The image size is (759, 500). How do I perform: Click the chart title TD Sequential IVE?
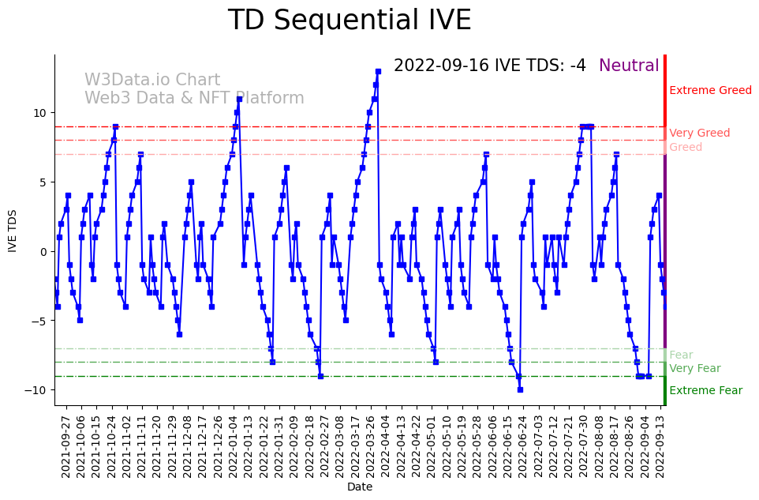[350, 21]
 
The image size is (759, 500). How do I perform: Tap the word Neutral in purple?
[629, 66]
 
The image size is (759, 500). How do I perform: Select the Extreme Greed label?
[710, 91]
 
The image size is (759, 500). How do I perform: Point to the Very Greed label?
[699, 133]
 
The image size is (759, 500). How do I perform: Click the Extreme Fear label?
[705, 391]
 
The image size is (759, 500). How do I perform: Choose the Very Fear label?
[694, 369]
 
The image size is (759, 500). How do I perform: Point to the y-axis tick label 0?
[44, 252]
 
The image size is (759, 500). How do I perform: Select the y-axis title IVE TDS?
[13, 230]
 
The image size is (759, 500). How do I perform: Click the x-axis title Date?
[360, 487]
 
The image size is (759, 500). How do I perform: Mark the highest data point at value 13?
[378, 71]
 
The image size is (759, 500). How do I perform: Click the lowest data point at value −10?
[520, 389]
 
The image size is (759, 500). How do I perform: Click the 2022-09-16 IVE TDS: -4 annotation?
[489, 66]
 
